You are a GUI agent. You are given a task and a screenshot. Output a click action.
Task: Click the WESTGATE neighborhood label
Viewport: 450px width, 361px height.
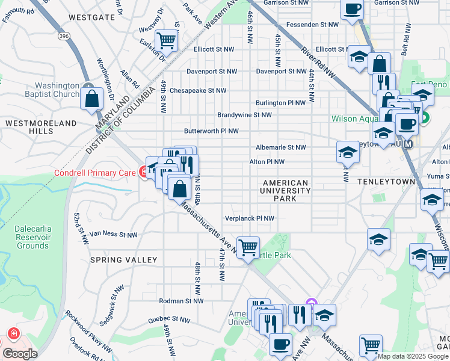coord(91,17)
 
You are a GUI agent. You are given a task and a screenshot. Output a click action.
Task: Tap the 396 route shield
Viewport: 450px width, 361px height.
coord(63,36)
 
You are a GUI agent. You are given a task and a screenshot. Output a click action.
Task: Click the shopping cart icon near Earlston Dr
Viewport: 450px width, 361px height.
coord(165,41)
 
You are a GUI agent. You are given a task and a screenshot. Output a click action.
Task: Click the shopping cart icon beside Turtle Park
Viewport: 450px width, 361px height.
coord(248,247)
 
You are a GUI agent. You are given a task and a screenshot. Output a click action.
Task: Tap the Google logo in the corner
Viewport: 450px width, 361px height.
coord(20,353)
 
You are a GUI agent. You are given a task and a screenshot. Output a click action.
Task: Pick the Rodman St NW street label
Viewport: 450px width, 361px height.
coord(181,301)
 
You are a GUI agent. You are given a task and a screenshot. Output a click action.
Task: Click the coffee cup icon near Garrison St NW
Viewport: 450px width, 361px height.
coord(353,8)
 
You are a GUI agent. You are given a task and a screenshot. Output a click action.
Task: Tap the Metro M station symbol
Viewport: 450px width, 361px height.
coord(408,144)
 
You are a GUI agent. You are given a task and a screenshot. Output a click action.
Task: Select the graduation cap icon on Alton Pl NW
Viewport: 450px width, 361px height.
coord(348,153)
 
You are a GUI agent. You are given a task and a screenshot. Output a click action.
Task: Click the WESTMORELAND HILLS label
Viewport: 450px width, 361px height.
coord(42,127)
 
